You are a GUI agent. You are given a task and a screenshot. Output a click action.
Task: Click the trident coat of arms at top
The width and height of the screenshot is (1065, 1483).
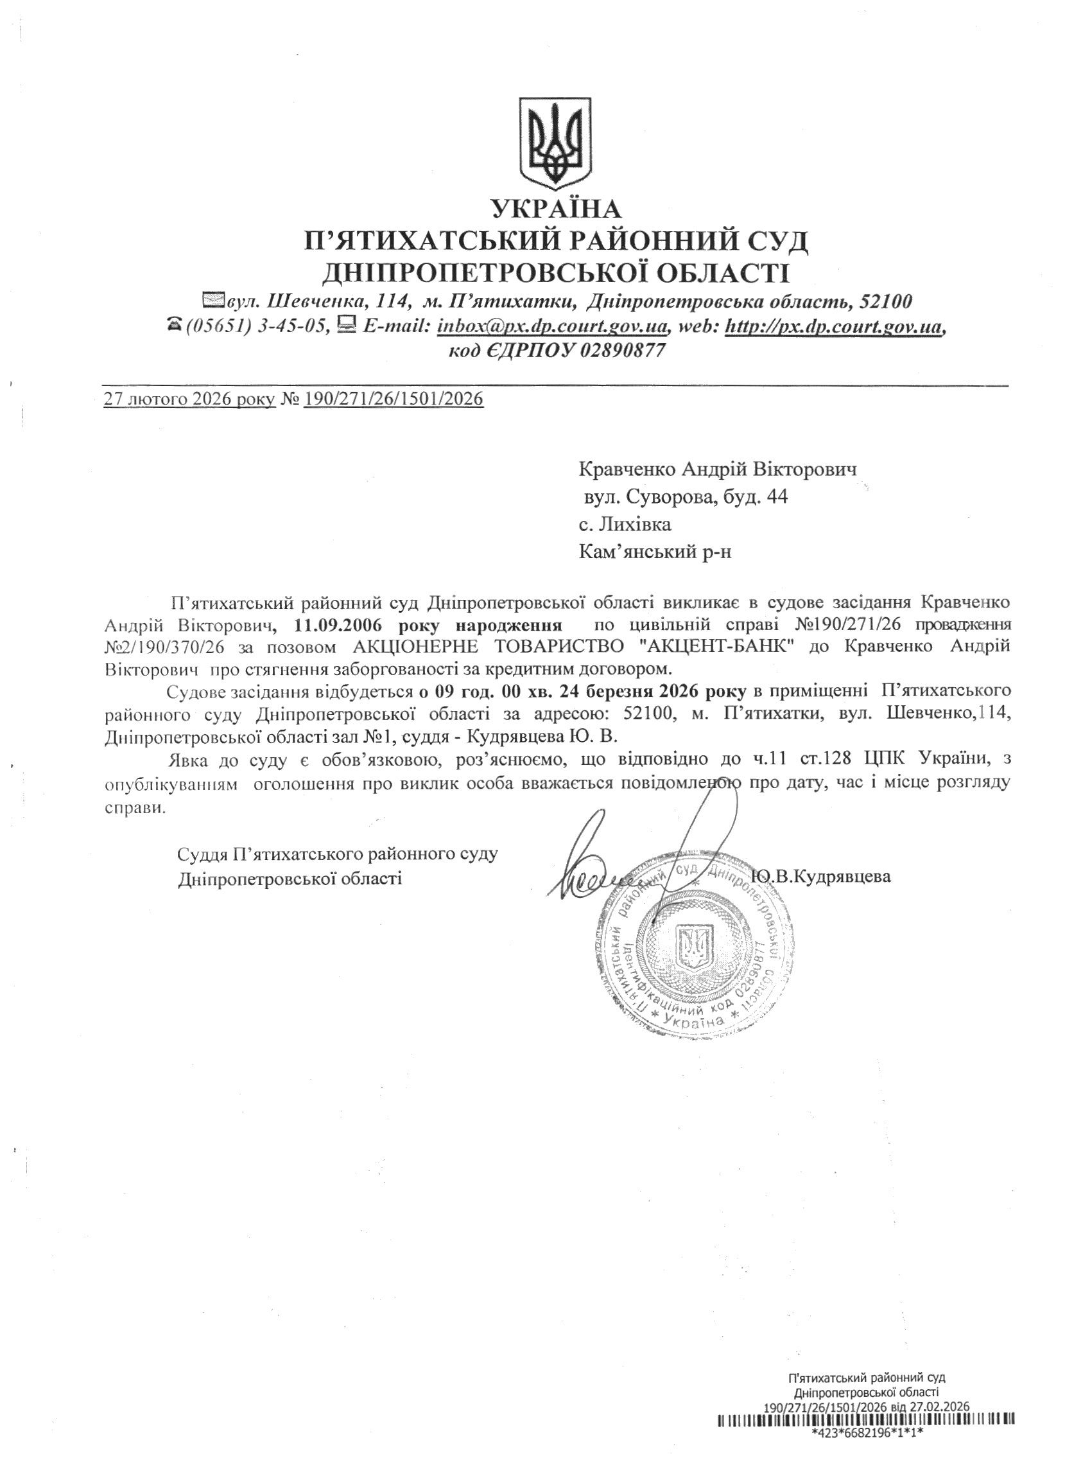[555, 141]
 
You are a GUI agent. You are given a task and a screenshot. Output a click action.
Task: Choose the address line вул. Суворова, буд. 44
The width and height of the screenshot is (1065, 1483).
[686, 497]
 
